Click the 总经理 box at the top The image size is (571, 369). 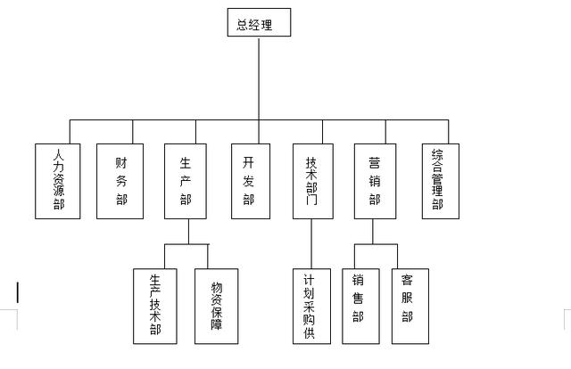pos(259,24)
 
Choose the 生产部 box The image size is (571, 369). pos(186,181)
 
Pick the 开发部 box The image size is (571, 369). pos(250,181)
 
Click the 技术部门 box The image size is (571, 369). pos(311,181)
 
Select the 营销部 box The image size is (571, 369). pos(374,181)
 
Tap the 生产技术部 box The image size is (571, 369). pos(155,306)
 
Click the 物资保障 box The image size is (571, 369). pos(217,306)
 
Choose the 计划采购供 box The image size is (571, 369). pos(311,306)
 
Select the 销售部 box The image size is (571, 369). pos(360,306)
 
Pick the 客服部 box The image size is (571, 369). pos(408,306)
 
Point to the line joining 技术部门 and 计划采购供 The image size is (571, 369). pos(311,243)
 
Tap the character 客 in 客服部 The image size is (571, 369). pos(408,286)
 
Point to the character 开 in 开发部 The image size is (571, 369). pos(250,163)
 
